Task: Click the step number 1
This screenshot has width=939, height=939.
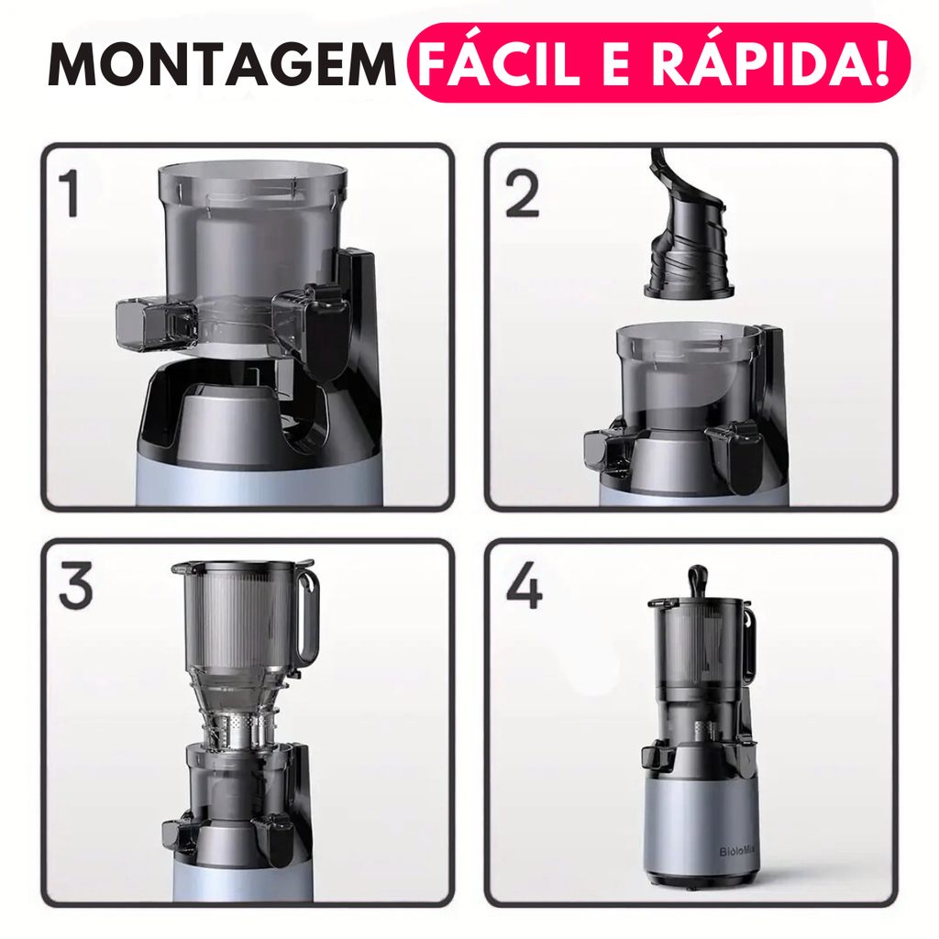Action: tap(70, 193)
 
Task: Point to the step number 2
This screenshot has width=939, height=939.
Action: tap(522, 193)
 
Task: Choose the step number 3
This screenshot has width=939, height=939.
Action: tap(76, 586)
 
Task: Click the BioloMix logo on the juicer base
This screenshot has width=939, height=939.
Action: tap(735, 851)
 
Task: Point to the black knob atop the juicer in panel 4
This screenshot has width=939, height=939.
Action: tap(698, 580)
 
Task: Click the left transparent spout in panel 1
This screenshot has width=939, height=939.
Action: tap(157, 324)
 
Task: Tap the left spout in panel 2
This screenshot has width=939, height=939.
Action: tap(607, 452)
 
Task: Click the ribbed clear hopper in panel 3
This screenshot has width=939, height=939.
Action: tap(242, 623)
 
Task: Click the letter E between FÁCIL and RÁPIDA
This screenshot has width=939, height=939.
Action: tap(616, 64)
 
